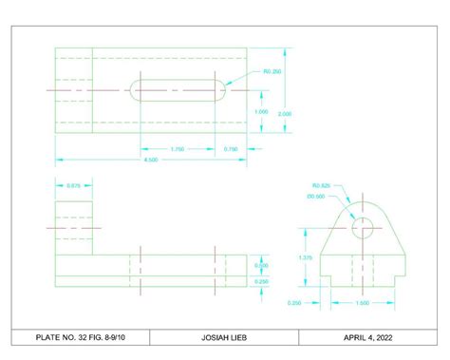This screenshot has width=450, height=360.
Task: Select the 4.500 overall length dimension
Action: (150, 159)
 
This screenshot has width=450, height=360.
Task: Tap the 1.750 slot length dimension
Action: (177, 149)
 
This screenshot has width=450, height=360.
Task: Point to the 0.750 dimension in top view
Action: (231, 149)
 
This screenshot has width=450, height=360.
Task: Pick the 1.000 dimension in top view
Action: (261, 112)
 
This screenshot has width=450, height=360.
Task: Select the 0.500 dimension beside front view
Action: (262, 265)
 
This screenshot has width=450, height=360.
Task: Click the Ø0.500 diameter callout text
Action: (316, 197)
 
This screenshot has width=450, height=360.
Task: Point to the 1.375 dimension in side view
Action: (306, 256)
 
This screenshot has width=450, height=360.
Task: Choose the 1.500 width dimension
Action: (362, 303)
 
